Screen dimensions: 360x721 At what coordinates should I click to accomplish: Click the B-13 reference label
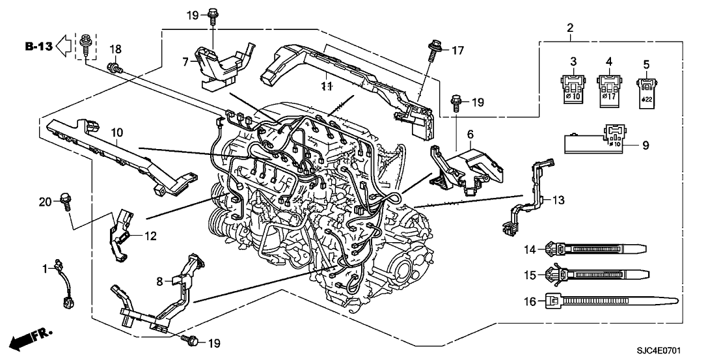[x=38, y=46]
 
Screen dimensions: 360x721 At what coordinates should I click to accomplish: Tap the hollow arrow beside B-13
[x=64, y=46]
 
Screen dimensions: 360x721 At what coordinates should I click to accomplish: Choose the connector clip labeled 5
[x=646, y=87]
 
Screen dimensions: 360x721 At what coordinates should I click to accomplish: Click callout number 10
[x=116, y=133]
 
